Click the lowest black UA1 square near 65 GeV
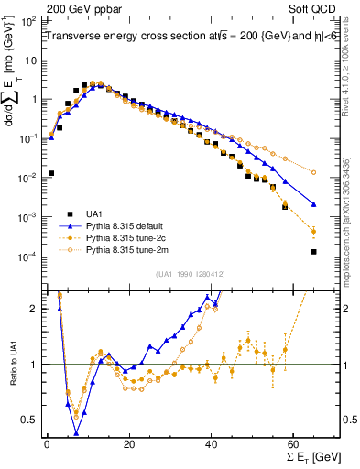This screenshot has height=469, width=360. point(314,252)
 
